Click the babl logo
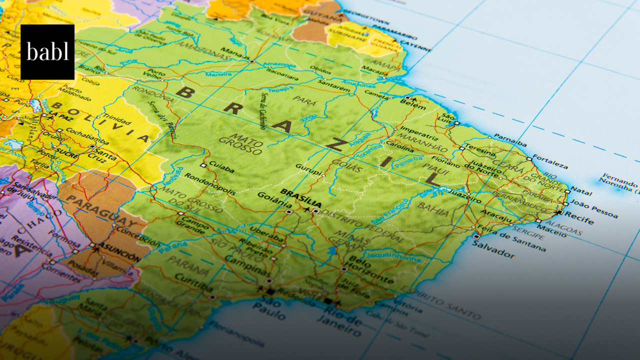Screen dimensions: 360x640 click(x=47, y=52)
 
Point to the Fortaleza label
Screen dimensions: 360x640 click(x=550, y=162)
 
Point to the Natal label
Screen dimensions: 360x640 click(x=581, y=191)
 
